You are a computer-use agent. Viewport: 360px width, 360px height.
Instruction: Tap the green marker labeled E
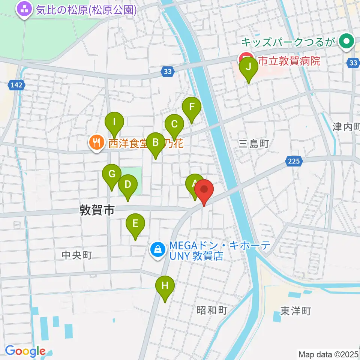point(135,224)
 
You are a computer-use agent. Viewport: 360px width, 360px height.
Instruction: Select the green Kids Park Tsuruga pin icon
point(346,42)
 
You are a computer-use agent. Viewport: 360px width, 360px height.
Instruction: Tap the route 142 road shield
point(16,85)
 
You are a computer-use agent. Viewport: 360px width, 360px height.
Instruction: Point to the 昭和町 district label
point(212,310)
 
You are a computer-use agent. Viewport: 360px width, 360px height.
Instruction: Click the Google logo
point(25,351)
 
